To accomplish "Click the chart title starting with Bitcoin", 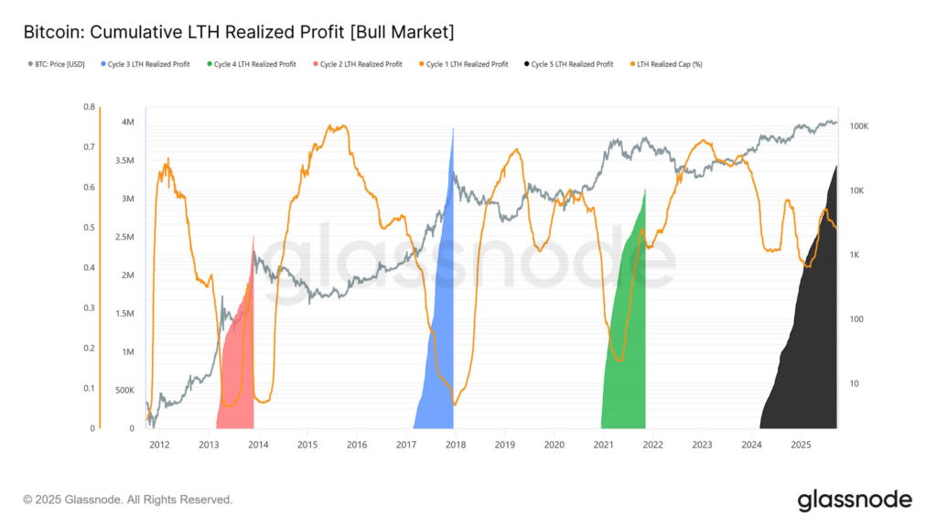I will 239,32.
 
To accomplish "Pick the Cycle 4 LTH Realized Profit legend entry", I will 254,64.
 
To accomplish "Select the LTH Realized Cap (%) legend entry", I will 671,64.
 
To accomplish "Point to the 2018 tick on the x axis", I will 455,445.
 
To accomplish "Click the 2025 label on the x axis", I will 801,445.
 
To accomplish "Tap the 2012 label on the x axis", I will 159,445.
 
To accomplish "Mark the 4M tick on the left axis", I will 129,122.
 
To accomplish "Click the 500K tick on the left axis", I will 125,390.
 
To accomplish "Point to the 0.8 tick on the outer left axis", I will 89,106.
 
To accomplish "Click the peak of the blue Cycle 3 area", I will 453,129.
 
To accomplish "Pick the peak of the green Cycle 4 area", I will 645,190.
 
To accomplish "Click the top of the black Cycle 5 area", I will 835,166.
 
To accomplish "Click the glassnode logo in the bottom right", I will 854,500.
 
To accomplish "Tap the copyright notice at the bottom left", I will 128,500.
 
